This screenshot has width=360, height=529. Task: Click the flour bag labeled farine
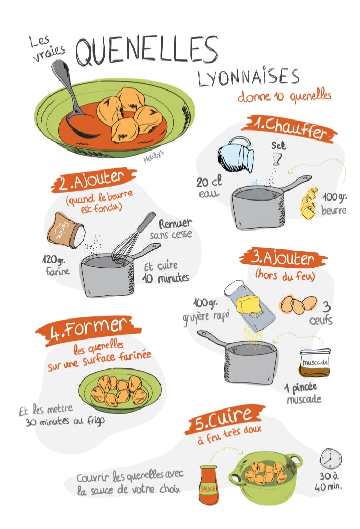(65, 231)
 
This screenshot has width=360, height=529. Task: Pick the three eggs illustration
(298, 304)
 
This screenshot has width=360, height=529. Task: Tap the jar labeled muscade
(315, 362)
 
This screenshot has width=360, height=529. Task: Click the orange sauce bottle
(208, 484)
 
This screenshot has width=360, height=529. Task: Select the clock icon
(331, 458)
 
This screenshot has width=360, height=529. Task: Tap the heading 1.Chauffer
(288, 127)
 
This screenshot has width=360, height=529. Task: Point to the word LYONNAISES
(248, 77)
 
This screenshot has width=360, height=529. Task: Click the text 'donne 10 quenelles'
(284, 96)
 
